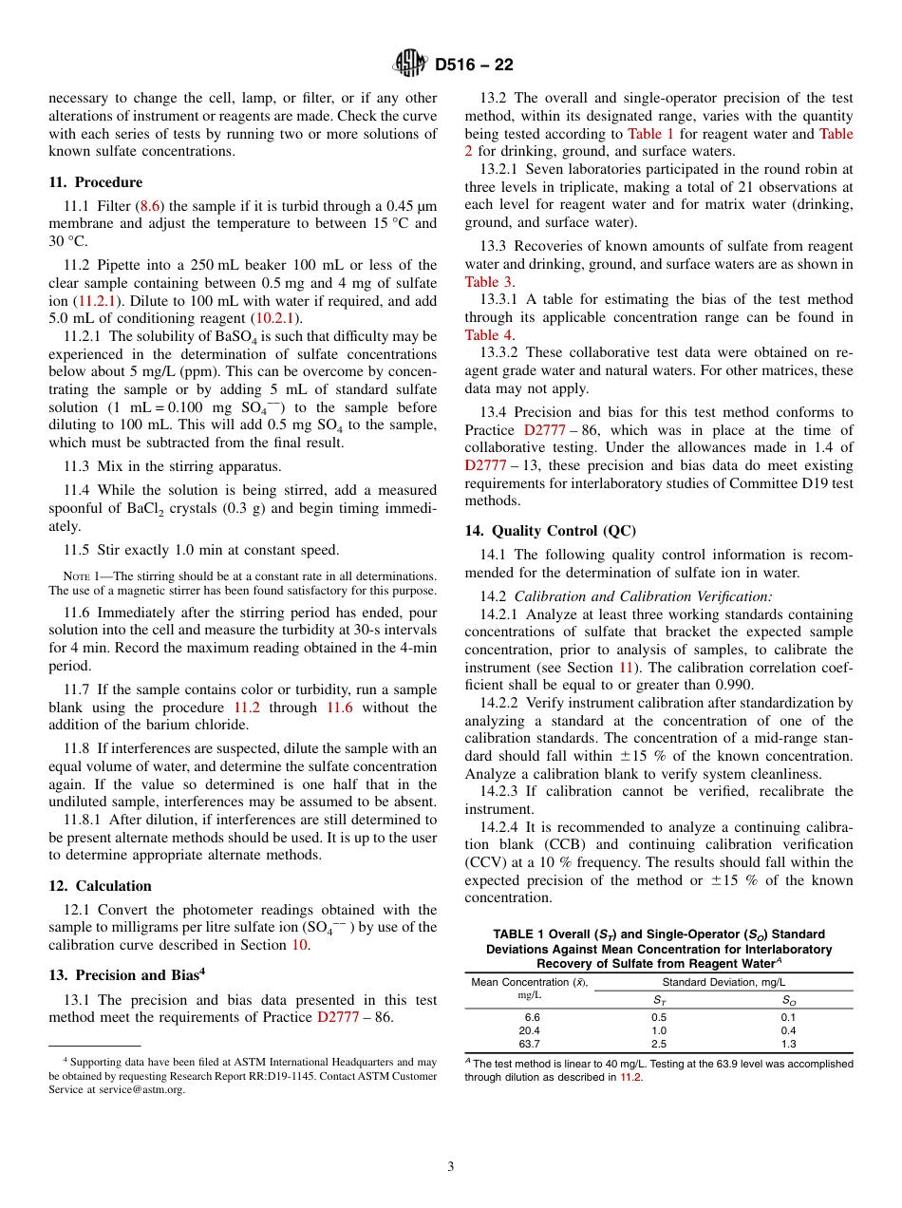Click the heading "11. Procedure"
pyautogui.click(x=95, y=182)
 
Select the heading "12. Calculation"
pyautogui.click(x=100, y=886)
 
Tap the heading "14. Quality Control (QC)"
pyautogui.click(x=550, y=531)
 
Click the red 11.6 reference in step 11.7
pyautogui.click(x=339, y=708)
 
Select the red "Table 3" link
pyautogui.click(x=489, y=282)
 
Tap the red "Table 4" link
pyautogui.click(x=489, y=335)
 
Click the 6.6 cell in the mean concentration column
pyautogui.click(x=531, y=1017)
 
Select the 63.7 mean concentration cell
pyautogui.click(x=529, y=1044)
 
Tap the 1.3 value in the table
pyautogui.click(x=788, y=1044)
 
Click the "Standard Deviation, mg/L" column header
pyautogui.click(x=723, y=982)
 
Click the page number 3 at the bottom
pyautogui.click(x=451, y=1167)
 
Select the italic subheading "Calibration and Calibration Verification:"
pyautogui.click(x=643, y=596)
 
